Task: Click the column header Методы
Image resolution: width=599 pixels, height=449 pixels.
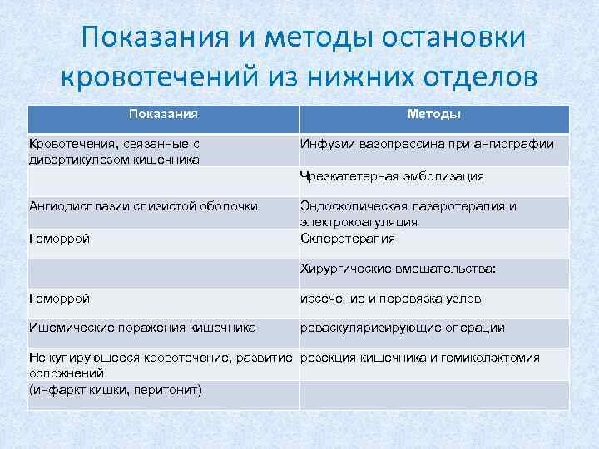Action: (x=435, y=114)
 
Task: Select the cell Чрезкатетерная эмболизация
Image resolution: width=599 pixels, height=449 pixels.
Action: (x=392, y=176)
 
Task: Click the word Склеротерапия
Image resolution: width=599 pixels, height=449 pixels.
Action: (x=348, y=239)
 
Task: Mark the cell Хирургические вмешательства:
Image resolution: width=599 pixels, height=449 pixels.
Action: (x=398, y=269)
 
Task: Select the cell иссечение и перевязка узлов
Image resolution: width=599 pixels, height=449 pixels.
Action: (x=391, y=298)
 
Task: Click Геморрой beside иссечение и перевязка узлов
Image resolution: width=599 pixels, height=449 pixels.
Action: (x=60, y=298)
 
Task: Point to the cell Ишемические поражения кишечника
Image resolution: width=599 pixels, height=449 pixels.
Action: (x=142, y=328)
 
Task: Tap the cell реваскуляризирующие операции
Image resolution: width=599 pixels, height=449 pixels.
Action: (x=403, y=328)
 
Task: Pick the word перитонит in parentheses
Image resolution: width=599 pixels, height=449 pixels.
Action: (x=171, y=389)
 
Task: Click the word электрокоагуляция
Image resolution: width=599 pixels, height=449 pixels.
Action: (x=359, y=222)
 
